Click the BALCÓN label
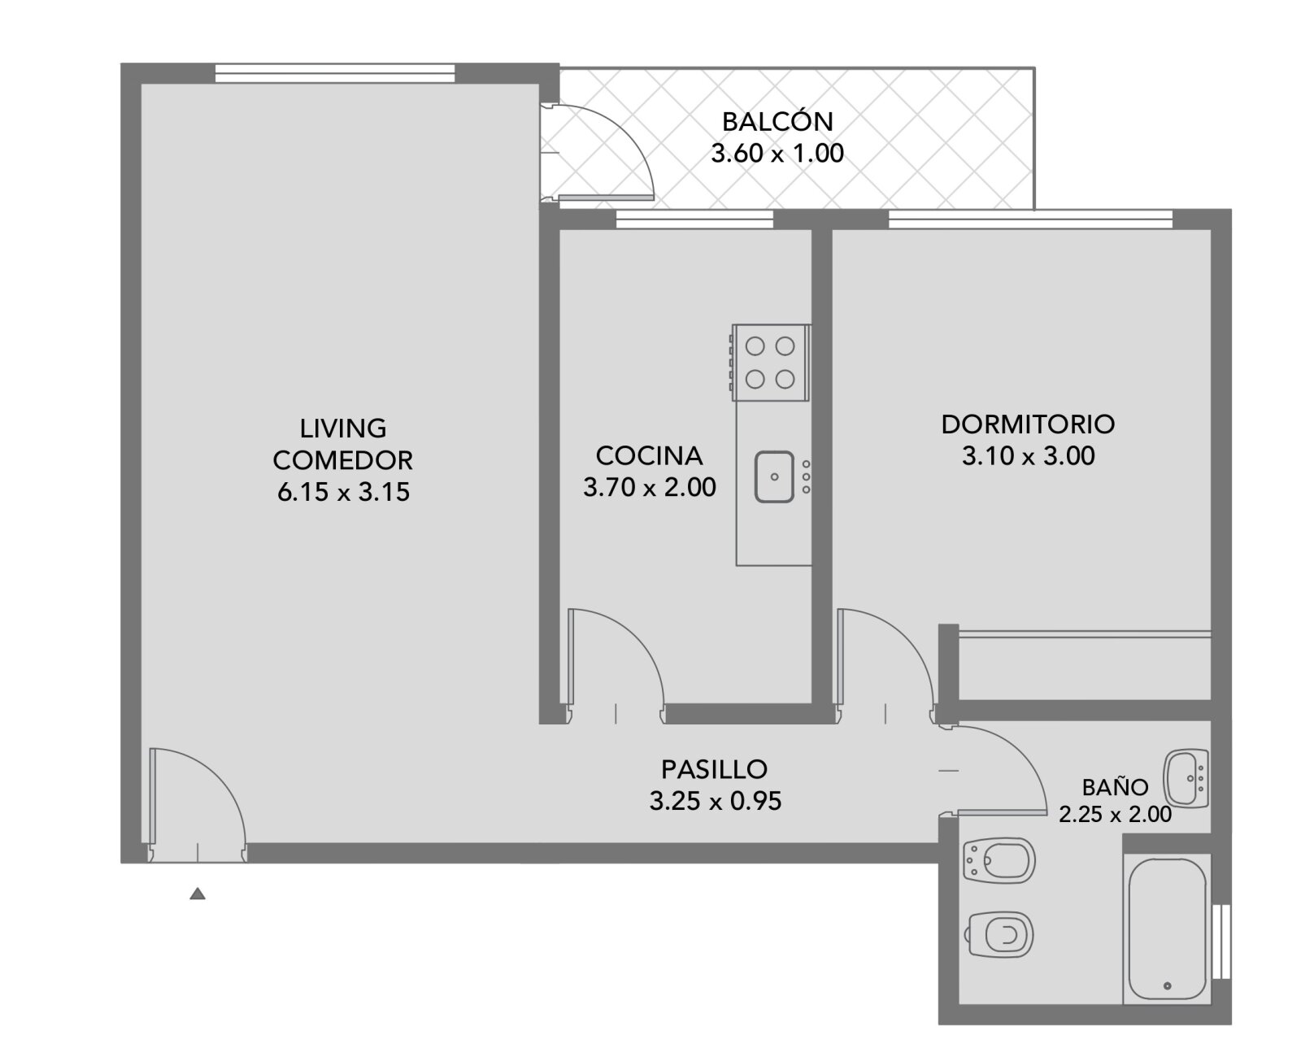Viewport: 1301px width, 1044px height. point(777,121)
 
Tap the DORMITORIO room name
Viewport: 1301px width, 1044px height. point(1028,424)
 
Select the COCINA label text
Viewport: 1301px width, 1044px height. point(650,456)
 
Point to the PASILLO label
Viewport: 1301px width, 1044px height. point(714,769)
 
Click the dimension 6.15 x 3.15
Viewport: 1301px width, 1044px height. point(343,491)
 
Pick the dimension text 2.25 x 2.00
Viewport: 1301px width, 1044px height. point(1116,814)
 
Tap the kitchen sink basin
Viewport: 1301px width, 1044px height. point(774,477)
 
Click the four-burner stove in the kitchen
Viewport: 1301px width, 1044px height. point(771,363)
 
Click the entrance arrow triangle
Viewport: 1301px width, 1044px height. point(198,894)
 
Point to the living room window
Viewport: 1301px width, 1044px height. point(335,73)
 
